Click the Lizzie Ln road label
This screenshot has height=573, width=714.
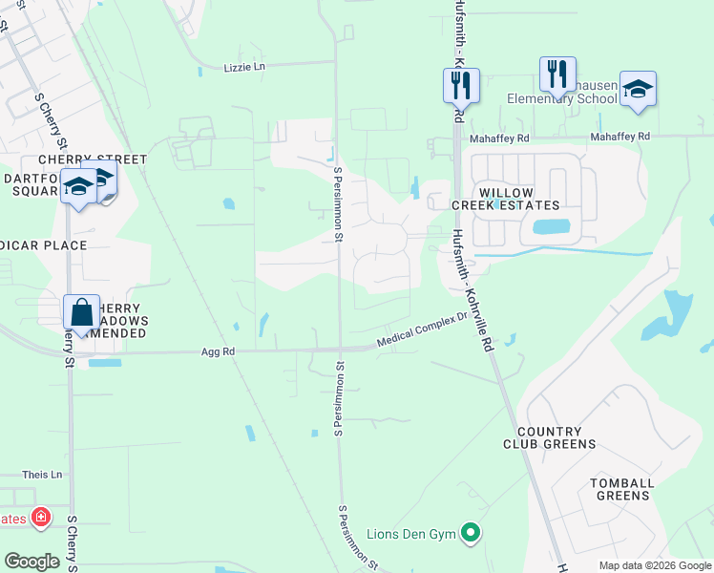coord(243,67)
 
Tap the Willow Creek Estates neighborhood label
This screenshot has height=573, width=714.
coord(518,198)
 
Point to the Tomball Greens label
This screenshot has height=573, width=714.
coord(622,489)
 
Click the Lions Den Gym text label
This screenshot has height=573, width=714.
coord(412,532)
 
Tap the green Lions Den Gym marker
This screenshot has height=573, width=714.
coord(470,532)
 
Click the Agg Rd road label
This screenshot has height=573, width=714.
coord(218,351)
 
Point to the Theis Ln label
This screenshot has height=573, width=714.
coord(42,475)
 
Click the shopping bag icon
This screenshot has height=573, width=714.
coord(82,312)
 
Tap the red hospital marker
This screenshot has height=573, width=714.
coord(41,518)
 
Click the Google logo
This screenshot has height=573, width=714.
coord(31,562)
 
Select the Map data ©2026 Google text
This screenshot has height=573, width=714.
coord(655,565)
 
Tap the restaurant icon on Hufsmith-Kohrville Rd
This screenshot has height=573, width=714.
coord(461,86)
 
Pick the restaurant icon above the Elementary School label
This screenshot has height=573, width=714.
coord(557,74)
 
